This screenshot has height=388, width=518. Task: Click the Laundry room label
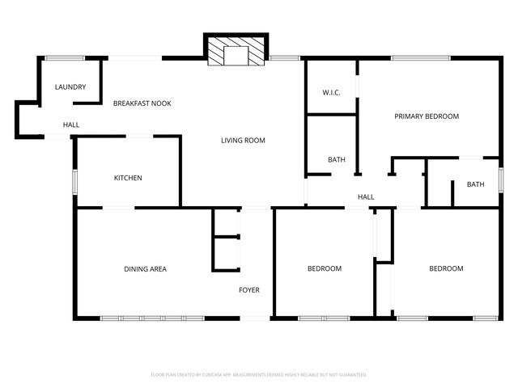(x=70, y=87)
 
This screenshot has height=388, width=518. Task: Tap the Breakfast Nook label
(x=142, y=103)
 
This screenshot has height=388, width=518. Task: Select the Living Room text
(x=243, y=141)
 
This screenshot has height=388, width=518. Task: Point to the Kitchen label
(x=128, y=178)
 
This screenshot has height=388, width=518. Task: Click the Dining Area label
(x=145, y=269)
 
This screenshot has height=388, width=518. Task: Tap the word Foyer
(x=248, y=289)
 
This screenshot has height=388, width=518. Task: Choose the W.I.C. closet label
(x=331, y=93)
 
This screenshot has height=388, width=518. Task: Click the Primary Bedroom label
(x=427, y=116)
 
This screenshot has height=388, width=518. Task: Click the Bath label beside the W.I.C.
(x=337, y=160)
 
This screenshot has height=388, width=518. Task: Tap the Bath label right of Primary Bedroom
(x=475, y=184)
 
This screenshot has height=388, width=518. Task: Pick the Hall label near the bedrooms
(x=366, y=196)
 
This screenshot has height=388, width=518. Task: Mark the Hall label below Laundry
(x=71, y=124)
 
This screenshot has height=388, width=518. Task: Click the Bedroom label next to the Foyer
(x=324, y=268)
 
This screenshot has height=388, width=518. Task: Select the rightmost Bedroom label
(x=446, y=268)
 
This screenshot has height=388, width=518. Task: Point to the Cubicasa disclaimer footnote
(x=259, y=375)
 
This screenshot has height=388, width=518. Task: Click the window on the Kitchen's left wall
(x=75, y=181)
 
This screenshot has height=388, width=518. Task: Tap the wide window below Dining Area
(x=151, y=318)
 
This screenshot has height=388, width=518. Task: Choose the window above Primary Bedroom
(x=420, y=57)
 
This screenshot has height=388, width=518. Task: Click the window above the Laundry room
(x=65, y=57)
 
